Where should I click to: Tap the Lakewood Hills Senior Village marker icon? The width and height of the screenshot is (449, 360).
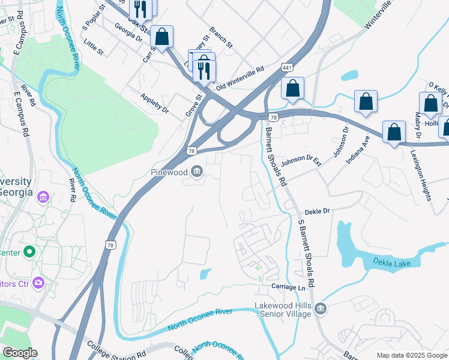tap(321, 309)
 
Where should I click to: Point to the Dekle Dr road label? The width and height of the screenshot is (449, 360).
tap(318, 211)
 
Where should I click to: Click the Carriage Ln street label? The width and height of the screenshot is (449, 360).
tap(288, 287)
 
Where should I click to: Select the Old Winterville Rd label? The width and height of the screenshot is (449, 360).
tap(240, 79)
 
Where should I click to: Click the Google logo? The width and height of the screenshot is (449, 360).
tap(20, 353)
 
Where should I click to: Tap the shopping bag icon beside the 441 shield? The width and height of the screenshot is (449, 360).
tap(292, 89)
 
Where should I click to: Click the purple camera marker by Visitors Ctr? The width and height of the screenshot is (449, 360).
tap(39, 281)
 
